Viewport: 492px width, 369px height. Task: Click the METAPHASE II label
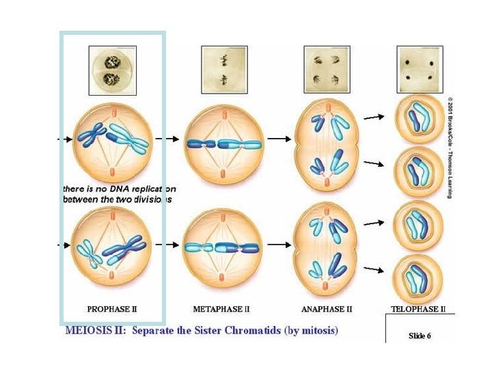point(221,309)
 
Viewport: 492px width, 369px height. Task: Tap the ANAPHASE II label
point(327,309)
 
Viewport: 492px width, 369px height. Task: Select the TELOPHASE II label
point(418,309)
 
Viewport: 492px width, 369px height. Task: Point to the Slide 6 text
point(420,336)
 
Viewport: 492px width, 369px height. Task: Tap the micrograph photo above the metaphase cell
point(223,70)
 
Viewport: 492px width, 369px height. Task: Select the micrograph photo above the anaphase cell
point(327,70)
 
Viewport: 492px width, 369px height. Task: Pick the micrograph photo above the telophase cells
point(420,70)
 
